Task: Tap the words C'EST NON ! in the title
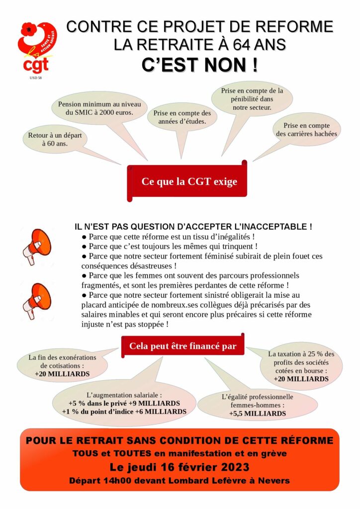pos(199,65)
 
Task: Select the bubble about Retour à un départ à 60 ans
pos(55,139)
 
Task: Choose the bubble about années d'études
pos(182,117)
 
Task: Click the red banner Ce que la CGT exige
pos(189,181)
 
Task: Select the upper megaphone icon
pos(37,244)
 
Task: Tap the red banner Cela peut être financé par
pos(182,346)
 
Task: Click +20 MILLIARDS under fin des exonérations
pos(62,373)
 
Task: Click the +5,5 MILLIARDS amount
pos(250,413)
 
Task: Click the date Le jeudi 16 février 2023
pos(180,467)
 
